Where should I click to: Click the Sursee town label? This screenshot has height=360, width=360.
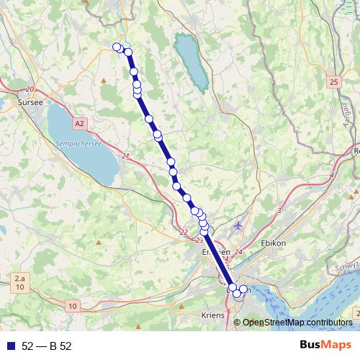(x=30, y=103)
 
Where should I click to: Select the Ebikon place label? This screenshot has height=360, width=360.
(x=274, y=243)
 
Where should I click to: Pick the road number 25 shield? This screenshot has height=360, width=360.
(x=333, y=82)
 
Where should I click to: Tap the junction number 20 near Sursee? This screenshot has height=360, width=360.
(x=29, y=89)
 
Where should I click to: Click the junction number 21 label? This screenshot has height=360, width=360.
(x=127, y=156)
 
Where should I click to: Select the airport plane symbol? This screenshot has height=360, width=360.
(x=238, y=225)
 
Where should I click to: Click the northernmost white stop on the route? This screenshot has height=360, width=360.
(x=117, y=48)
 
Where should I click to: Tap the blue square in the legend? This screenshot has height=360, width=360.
(x=10, y=346)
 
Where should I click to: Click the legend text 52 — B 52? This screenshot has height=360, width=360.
(x=47, y=346)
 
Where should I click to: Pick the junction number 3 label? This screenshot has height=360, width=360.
(x=279, y=210)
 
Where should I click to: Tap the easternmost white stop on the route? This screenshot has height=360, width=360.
(x=243, y=289)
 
